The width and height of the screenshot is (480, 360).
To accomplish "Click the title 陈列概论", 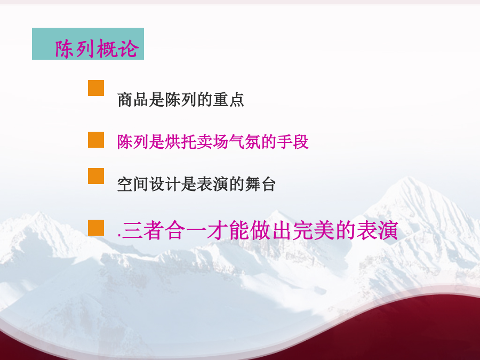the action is [97, 49].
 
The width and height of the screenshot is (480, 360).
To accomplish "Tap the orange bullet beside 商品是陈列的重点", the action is [96, 88].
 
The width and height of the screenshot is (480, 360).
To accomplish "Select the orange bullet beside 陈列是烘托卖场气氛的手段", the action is [96, 140].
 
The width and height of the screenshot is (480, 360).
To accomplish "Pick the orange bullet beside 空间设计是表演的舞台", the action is [96, 176].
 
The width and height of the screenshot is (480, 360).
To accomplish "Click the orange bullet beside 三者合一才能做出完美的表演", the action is [96, 228].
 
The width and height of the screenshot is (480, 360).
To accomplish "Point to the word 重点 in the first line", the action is [228, 100].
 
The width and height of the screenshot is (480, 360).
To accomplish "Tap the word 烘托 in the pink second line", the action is [181, 142].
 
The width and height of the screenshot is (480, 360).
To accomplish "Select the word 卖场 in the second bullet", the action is [212, 142].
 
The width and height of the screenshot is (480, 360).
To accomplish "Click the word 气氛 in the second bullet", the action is [244, 142].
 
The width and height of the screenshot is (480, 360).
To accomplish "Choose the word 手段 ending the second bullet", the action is [292, 142].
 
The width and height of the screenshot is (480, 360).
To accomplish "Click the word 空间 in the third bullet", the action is [133, 185].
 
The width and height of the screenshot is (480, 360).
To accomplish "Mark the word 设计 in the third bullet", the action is [165, 185].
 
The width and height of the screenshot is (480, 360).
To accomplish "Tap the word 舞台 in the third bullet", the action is [260, 185].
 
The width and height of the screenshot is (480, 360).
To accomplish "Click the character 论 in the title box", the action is [129, 49].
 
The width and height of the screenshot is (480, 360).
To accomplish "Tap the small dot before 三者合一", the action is [119, 237].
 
